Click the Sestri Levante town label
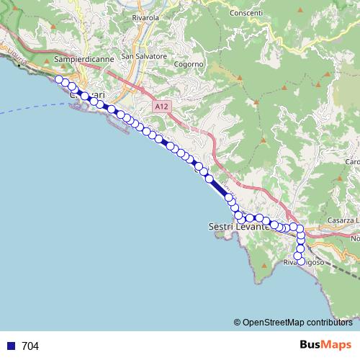click(x=238, y=226)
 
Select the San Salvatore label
click(x=144, y=55)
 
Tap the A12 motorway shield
click(x=161, y=106)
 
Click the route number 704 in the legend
click(x=30, y=346)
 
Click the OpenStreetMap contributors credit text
click(x=297, y=323)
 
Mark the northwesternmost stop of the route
click(x=59, y=79)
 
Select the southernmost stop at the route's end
click(x=301, y=262)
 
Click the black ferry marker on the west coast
click(x=16, y=64)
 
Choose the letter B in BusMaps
click(x=305, y=346)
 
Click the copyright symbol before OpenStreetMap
click(x=237, y=323)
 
